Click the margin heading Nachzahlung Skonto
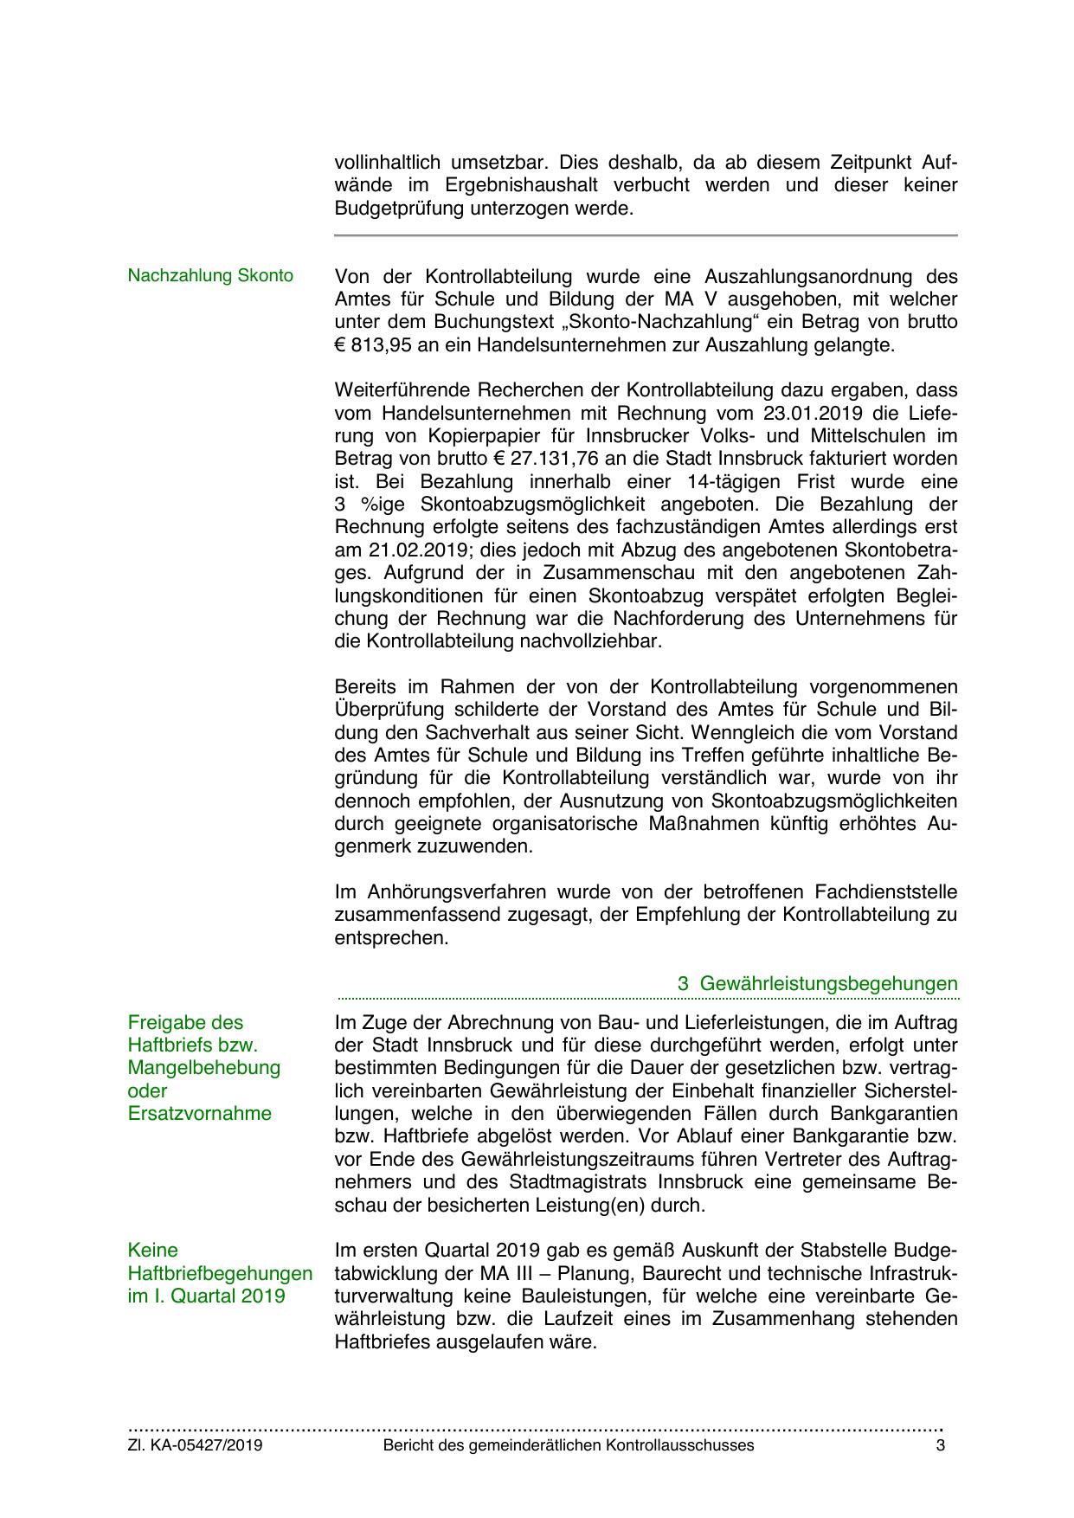(x=210, y=276)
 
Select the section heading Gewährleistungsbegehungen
(x=828, y=984)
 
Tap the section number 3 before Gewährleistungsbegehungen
(x=683, y=984)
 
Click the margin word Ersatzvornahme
(x=199, y=1114)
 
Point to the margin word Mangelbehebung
(x=204, y=1068)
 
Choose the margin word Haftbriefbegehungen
(x=220, y=1273)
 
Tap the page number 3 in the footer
(x=940, y=1445)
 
